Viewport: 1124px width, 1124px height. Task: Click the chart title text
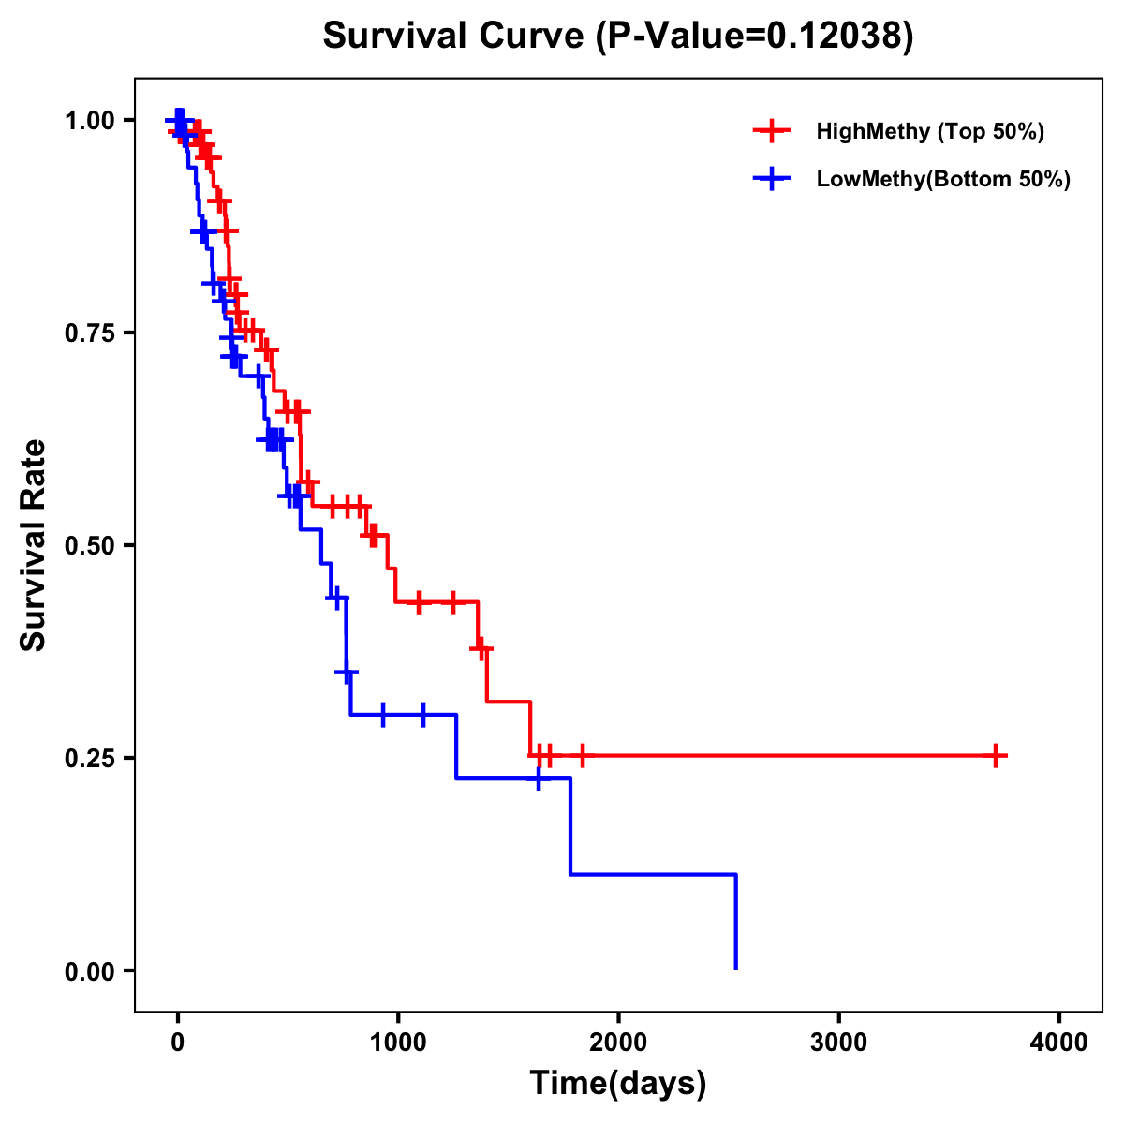click(617, 37)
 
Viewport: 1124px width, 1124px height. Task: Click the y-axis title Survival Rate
click(34, 544)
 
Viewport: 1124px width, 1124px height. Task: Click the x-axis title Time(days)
click(617, 1084)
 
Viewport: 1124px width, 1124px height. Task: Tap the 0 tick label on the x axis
click(177, 1042)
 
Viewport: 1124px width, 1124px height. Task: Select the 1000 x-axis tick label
click(397, 1042)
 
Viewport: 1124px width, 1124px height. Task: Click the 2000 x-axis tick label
click(618, 1042)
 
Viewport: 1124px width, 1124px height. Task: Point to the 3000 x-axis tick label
click(838, 1042)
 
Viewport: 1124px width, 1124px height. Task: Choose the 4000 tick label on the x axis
click(1059, 1042)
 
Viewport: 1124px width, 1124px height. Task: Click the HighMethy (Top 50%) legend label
click(930, 131)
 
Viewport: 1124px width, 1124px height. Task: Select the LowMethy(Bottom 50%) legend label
click(943, 179)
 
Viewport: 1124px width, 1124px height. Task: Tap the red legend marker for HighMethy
click(772, 131)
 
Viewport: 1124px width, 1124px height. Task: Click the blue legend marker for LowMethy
click(772, 179)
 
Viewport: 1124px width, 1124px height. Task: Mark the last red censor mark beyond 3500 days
click(997, 755)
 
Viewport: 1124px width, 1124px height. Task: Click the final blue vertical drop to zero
click(736, 923)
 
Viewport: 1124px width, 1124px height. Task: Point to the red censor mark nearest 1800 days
click(583, 755)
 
